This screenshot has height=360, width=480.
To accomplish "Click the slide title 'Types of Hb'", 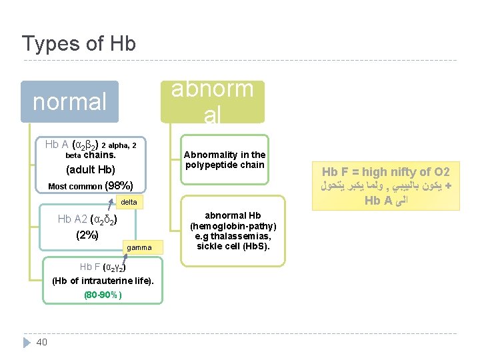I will tap(79, 44).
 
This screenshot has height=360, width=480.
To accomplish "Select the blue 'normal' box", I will tap(69, 102).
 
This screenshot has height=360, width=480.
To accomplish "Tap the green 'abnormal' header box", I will tap(212, 102).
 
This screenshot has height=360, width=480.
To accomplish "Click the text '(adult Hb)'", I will tap(91, 169).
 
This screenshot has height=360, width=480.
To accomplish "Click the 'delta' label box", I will tap(129, 202).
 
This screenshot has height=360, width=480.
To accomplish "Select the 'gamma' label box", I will tap(139, 248).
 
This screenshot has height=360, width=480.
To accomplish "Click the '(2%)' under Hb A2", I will tap(87, 235).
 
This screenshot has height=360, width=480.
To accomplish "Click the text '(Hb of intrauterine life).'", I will tap(103, 280).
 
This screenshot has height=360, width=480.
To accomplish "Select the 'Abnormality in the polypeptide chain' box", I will tap(225, 160).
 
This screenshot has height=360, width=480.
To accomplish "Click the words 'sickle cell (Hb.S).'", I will tap(233, 247).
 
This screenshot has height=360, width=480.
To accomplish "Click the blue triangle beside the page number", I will tap(26, 342).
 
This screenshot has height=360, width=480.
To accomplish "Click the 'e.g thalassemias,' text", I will tap(233, 237).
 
